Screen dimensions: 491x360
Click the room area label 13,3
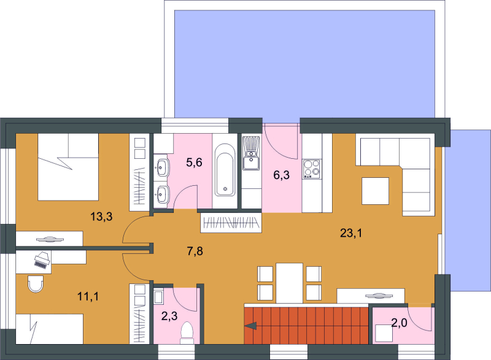coord(101,216)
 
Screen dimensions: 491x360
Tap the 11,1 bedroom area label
coord(88,296)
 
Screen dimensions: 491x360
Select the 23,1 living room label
coord(351,233)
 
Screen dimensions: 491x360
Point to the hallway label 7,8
coord(195,251)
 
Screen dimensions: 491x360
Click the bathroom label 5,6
coord(194,163)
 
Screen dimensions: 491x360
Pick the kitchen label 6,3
coord(282,175)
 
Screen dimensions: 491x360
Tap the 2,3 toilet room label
coord(169,316)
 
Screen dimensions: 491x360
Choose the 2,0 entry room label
coord(400,323)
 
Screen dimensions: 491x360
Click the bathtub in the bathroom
coord(225,170)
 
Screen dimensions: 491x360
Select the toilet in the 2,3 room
coord(187,332)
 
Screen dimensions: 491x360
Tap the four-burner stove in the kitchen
coord(312,169)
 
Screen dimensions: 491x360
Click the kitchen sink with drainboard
coord(252,153)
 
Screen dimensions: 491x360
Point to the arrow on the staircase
coord(251,326)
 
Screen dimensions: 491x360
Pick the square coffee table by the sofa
coord(376,191)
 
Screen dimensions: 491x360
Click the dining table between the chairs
coord(289,283)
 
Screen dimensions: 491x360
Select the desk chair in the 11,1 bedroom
coord(36,284)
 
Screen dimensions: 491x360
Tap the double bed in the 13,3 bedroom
coord(68,167)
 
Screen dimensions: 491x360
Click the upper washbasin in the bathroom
coord(161,167)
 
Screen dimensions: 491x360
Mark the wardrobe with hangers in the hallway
coord(231,223)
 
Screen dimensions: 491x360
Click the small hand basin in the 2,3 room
coord(158,296)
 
